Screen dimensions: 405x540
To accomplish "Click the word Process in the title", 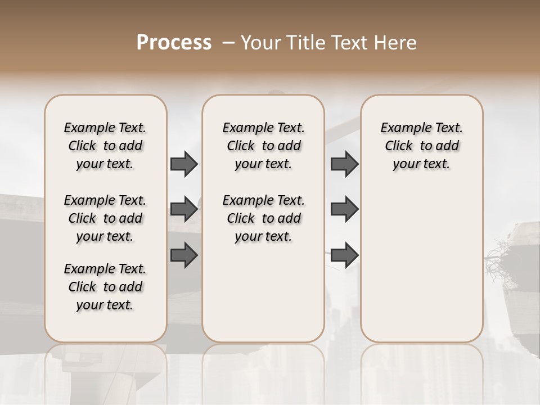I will tap(174, 43).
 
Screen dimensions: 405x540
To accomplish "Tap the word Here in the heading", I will tap(397, 43).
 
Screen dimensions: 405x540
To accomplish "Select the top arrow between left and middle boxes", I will tap(184, 164).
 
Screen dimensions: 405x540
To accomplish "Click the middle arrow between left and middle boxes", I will tap(184, 209).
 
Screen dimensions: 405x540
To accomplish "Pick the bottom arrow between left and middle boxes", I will tap(184, 254).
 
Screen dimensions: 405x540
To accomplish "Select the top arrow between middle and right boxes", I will tap(344, 164).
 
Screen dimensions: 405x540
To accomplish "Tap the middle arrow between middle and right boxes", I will tap(344, 209).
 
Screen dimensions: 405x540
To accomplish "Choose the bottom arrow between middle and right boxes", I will tap(344, 254).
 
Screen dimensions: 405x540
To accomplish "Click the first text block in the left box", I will tap(105, 146).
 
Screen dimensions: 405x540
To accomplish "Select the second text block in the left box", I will tap(105, 218).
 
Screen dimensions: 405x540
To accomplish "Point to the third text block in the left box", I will tap(105, 287).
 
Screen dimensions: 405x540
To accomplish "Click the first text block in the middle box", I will tap(263, 146).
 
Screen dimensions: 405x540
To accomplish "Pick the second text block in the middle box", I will tap(263, 218).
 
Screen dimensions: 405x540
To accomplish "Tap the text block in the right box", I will tap(421, 146).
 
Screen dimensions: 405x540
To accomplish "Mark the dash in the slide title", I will tap(228, 43).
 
